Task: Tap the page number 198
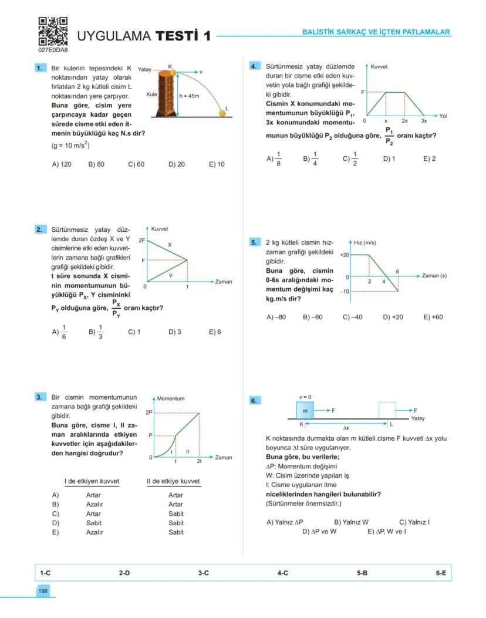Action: (43, 591)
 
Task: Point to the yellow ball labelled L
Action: (224, 113)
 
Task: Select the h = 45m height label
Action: (189, 96)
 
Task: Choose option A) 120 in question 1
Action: (62, 164)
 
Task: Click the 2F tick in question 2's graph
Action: (141, 240)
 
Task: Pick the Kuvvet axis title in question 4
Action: (379, 67)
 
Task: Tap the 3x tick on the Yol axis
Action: (424, 120)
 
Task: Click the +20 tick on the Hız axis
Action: (345, 255)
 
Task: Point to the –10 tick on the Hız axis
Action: (345, 291)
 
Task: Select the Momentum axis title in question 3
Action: (170, 399)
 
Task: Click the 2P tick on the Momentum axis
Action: (148, 413)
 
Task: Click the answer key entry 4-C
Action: (282, 573)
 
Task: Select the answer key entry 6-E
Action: (441, 573)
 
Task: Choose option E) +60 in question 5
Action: (433, 317)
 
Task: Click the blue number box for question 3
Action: (39, 397)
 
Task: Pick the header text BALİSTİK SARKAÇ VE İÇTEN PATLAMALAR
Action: (376, 32)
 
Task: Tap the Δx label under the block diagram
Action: (346, 427)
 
